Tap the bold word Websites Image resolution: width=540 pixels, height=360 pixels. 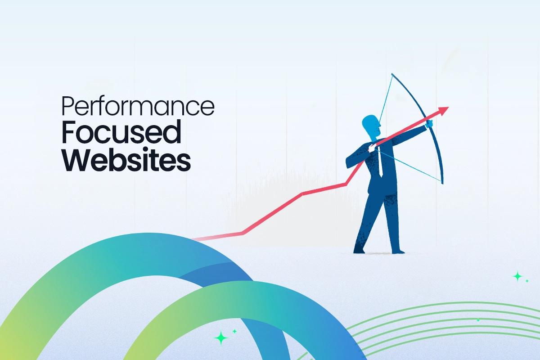pyautogui.click(x=126, y=160)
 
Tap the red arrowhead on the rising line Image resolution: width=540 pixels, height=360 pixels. pyautogui.click(x=444, y=110)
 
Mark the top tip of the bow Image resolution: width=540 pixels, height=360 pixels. pyautogui.click(x=392, y=74)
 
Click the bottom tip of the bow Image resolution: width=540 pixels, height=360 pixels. pyautogui.click(x=442, y=183)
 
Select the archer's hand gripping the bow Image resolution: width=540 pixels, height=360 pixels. pyautogui.click(x=429, y=123)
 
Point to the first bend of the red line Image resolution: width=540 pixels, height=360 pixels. pyautogui.click(x=243, y=233)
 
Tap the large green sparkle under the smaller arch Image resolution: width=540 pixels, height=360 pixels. pyautogui.click(x=221, y=337)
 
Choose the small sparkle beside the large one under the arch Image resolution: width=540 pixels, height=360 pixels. pyautogui.click(x=234, y=331)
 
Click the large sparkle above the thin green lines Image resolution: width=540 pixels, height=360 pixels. pyautogui.click(x=518, y=276)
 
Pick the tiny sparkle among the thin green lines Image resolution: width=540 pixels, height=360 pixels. pyautogui.click(x=478, y=320)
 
